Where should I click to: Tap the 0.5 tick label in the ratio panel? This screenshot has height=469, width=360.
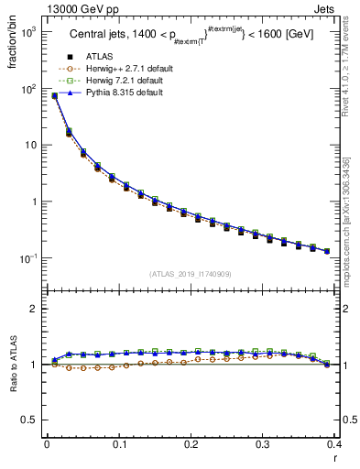coord(28,420)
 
